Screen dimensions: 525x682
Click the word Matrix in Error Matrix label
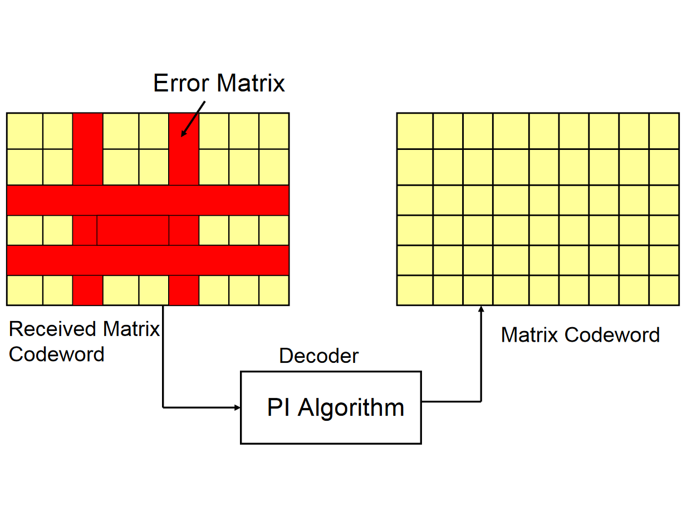[x=251, y=84]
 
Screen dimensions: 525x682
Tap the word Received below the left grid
[x=52, y=329]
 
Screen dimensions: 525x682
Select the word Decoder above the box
[x=319, y=356]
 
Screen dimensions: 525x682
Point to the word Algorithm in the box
[x=351, y=408]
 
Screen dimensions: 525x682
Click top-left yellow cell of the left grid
[x=24, y=131]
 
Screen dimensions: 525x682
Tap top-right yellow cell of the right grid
[x=664, y=131]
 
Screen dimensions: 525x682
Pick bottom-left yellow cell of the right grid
[x=415, y=290]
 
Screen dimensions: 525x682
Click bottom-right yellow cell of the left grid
[x=274, y=290]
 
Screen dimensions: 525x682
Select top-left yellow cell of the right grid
[x=415, y=131]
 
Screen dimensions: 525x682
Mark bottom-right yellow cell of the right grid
[x=664, y=290]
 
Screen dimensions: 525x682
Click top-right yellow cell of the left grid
[x=274, y=131]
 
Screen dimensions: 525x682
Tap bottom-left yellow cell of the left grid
[x=24, y=290]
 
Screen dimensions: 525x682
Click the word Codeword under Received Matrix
[x=57, y=354]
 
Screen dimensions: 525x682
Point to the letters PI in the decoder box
[x=278, y=408]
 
